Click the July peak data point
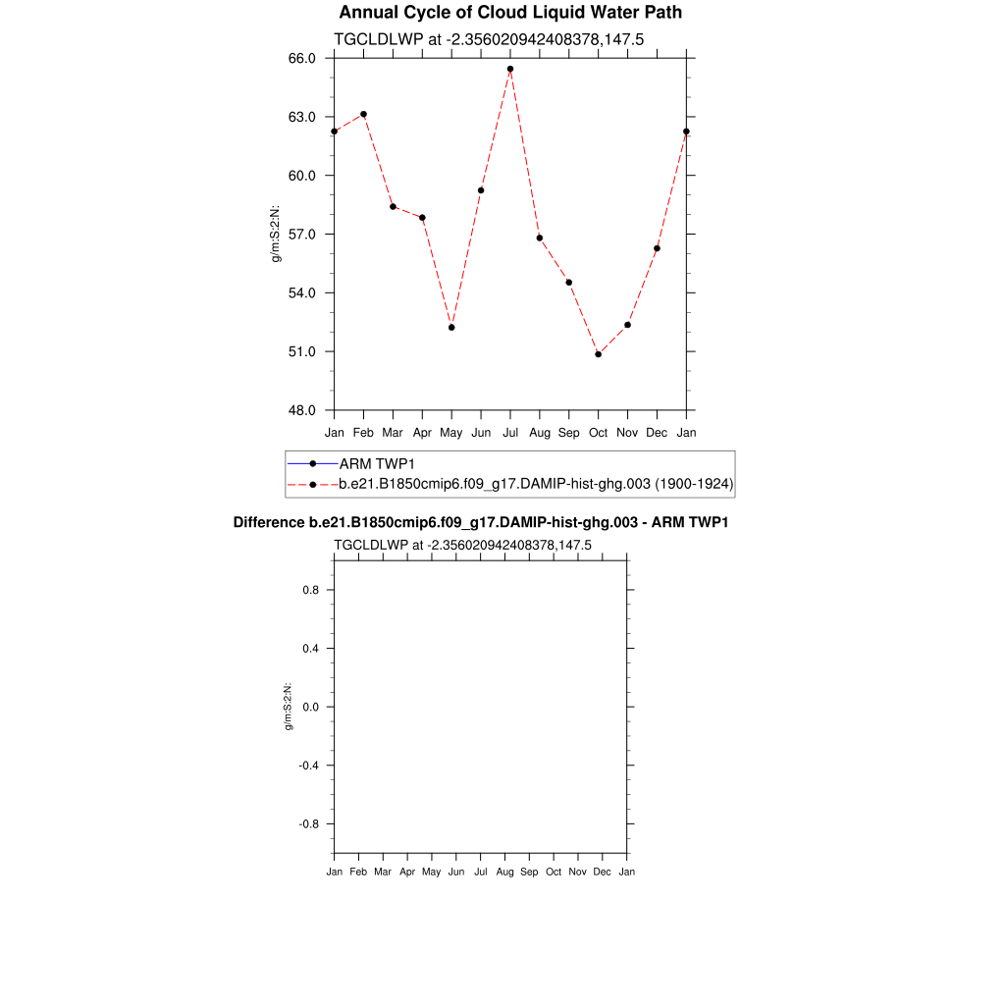click(x=510, y=69)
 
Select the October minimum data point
click(x=598, y=354)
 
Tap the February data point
click(x=364, y=114)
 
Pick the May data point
click(x=451, y=327)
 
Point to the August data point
click(x=540, y=238)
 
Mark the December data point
click(x=657, y=248)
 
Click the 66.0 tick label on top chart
click(x=301, y=59)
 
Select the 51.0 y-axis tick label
click(x=301, y=351)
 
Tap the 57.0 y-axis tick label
click(x=301, y=235)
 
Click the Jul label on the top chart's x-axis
click(x=510, y=433)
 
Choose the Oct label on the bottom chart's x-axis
click(x=554, y=872)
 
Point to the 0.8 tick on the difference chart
click(x=309, y=590)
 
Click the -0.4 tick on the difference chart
click(x=307, y=766)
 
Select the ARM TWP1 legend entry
click(x=372, y=463)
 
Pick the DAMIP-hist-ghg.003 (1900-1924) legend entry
click(x=536, y=484)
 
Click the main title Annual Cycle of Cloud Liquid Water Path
click(x=510, y=13)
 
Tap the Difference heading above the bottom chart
click(x=480, y=523)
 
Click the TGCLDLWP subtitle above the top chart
click(x=489, y=39)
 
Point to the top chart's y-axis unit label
click(x=277, y=234)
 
